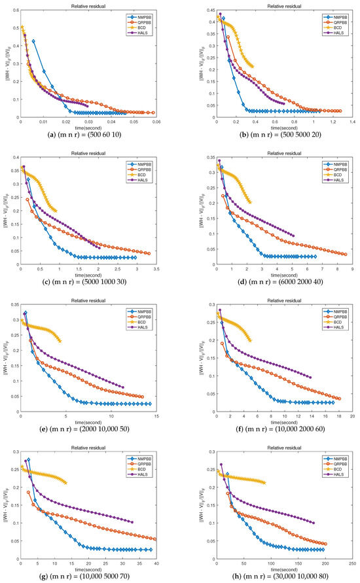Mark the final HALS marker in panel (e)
122,387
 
